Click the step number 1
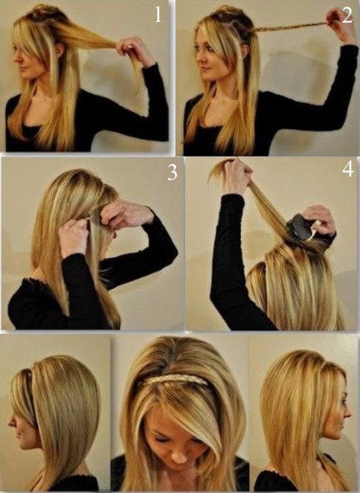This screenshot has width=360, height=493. pyautogui.click(x=158, y=15)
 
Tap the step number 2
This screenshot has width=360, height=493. pyautogui.click(x=347, y=15)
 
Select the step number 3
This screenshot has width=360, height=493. pyautogui.click(x=172, y=173)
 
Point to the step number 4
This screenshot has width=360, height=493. pyautogui.click(x=347, y=169)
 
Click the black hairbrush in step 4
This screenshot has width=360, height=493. pyautogui.click(x=301, y=227)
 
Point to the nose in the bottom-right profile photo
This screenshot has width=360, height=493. pyautogui.click(x=348, y=413)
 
